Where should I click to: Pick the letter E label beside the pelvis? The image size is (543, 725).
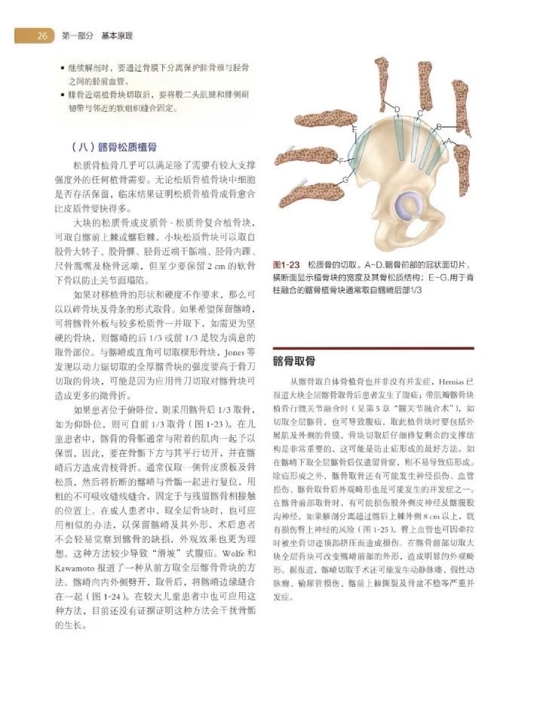354,130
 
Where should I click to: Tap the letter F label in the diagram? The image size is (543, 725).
341,161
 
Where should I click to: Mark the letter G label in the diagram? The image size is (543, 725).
345,180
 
